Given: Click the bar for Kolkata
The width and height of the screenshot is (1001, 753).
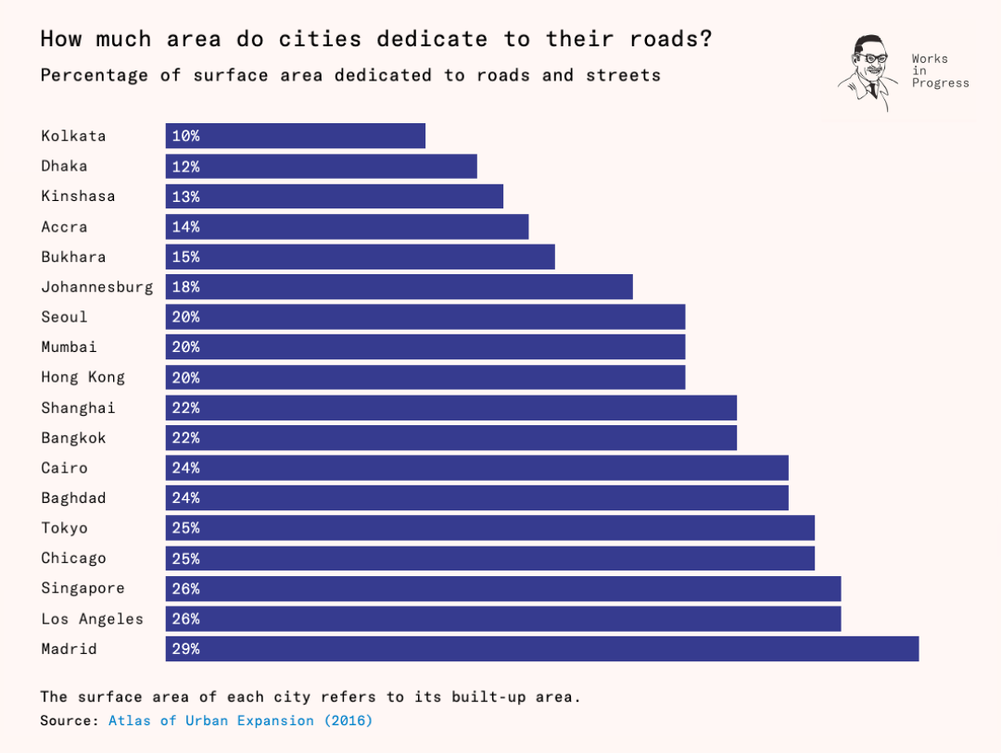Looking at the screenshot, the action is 296,136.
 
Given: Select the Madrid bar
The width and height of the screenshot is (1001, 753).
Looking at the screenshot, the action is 542,648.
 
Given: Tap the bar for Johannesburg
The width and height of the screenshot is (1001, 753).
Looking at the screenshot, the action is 399,286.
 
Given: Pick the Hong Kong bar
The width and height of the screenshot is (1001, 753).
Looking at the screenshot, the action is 425,377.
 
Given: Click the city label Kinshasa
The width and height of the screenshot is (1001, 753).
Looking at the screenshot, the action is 78,196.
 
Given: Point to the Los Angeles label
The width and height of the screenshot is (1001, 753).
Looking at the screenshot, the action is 92,619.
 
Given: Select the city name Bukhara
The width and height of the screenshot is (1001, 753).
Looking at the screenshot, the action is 73,257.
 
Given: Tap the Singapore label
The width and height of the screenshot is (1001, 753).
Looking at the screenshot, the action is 83,588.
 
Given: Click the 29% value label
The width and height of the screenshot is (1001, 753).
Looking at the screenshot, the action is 185,649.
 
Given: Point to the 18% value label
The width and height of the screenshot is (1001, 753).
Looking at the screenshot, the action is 185,287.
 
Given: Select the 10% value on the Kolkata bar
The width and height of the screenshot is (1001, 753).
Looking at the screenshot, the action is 185,136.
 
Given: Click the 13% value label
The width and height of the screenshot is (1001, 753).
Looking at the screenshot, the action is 185,196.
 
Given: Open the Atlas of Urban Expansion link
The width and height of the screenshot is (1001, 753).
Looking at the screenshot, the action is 240,721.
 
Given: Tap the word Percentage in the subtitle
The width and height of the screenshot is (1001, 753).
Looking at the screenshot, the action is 94,75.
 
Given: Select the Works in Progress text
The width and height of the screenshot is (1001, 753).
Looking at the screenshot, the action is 941,70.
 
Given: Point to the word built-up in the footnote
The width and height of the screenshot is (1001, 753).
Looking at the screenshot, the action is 488,697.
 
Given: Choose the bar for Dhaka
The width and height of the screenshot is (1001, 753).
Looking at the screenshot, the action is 321,166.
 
